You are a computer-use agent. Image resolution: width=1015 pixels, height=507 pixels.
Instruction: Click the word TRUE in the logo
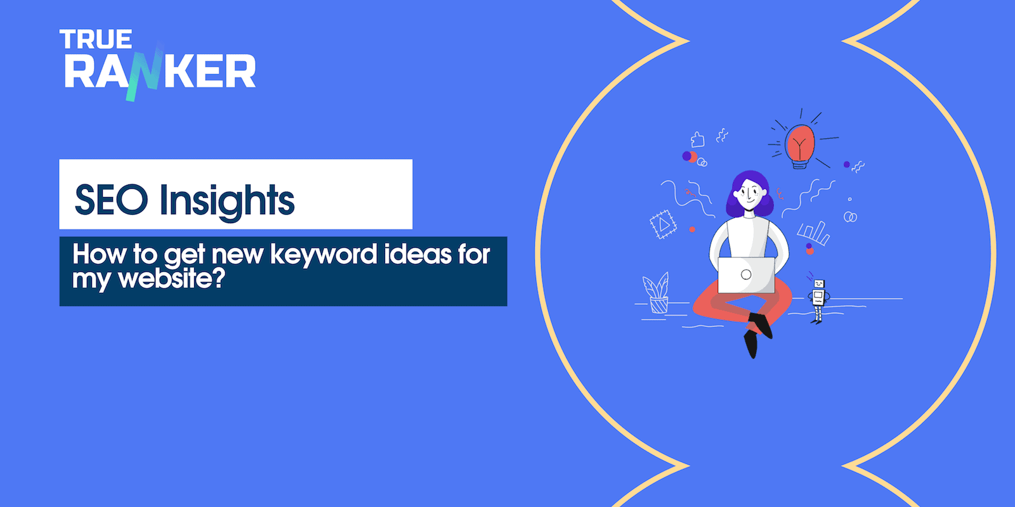tap(96, 40)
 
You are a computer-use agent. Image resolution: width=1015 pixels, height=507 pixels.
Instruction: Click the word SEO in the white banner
tap(112, 200)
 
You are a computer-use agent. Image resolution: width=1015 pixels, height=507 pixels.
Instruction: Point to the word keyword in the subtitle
tap(324, 255)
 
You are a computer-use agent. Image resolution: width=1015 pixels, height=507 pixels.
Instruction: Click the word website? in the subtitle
tap(172, 279)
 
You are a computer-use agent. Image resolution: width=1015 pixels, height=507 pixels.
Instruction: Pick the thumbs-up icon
tap(698, 139)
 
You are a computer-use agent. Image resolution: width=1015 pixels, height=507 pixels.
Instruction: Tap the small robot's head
tap(818, 285)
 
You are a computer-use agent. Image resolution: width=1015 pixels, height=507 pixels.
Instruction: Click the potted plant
tap(657, 293)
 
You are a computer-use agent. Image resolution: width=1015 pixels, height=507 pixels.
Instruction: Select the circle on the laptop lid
tap(746, 275)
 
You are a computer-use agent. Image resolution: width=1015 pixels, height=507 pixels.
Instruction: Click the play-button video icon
tap(663, 224)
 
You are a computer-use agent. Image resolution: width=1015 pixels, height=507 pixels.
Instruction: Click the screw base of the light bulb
tap(799, 164)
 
